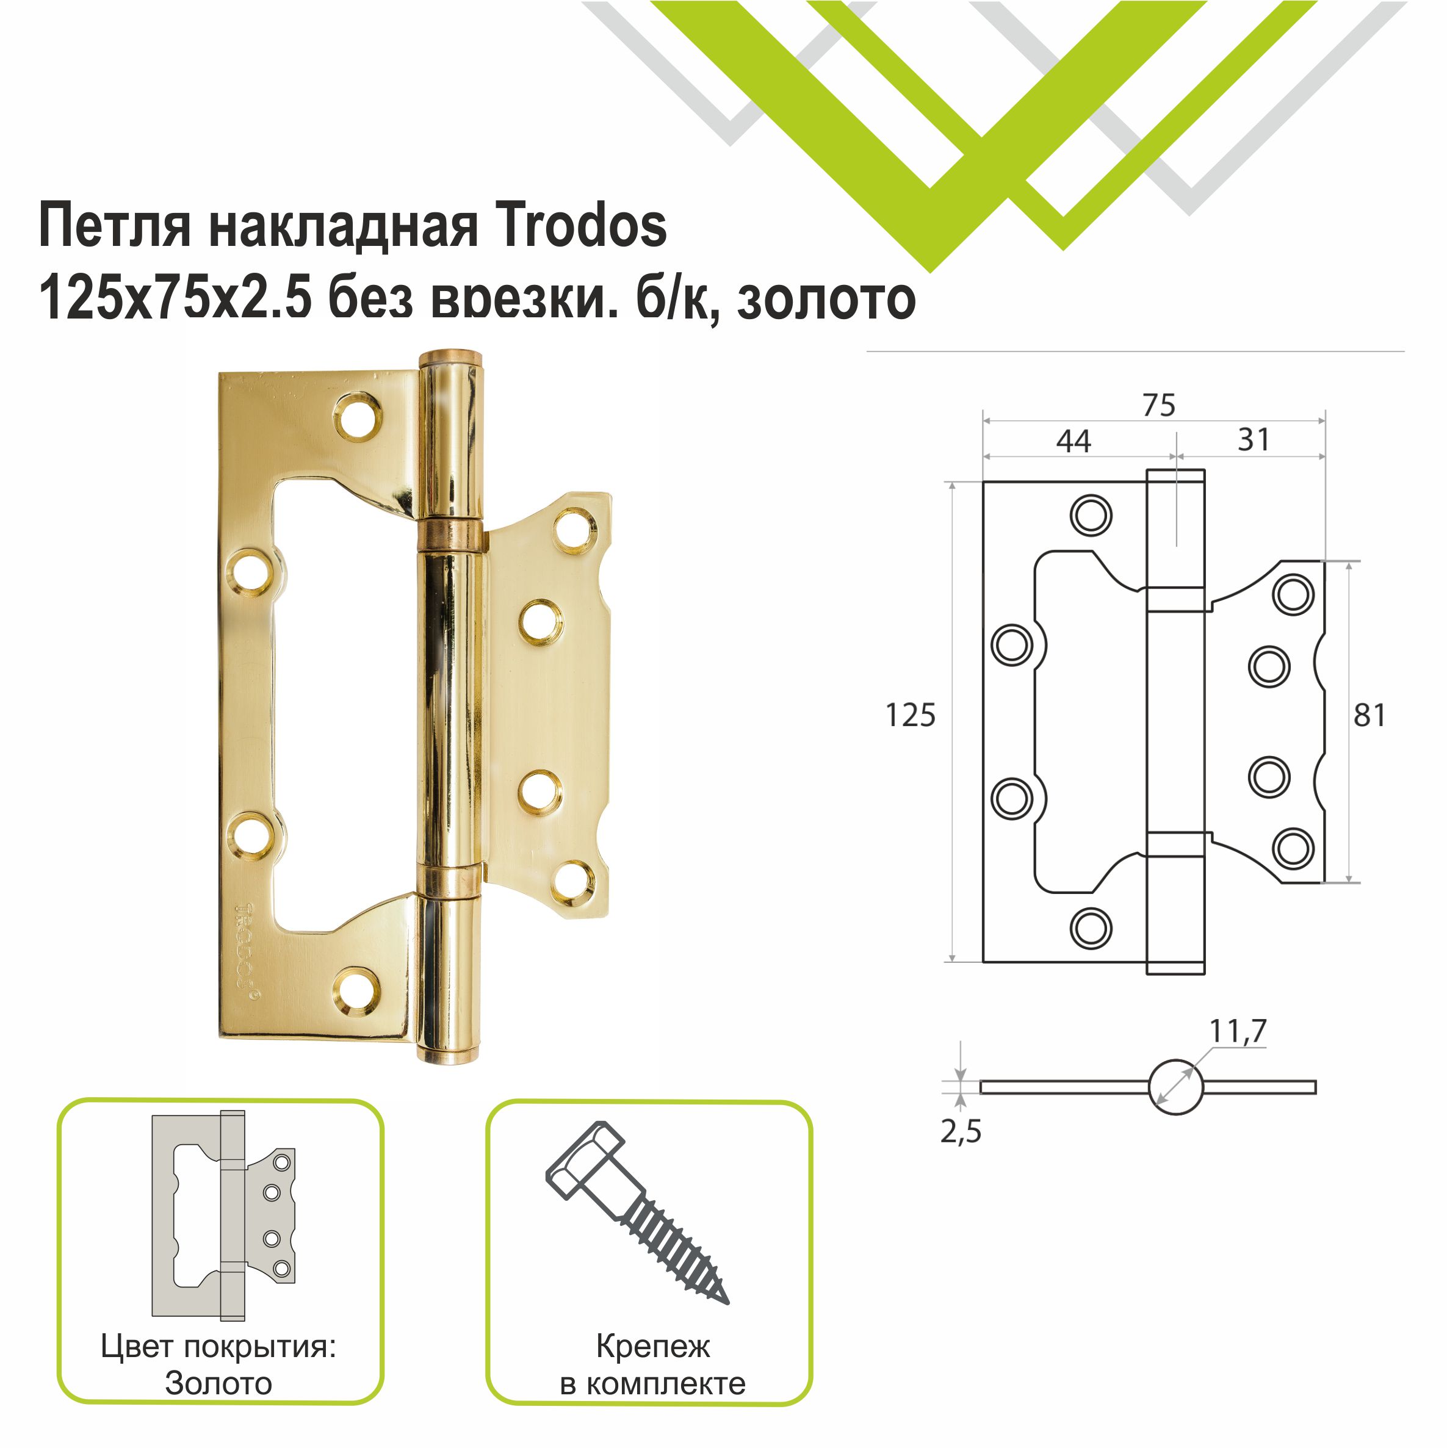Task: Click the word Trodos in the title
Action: (580, 226)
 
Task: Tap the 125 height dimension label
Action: (910, 716)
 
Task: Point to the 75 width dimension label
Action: (1158, 405)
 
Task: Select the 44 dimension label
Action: (1073, 441)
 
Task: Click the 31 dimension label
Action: (1254, 439)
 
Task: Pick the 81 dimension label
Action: (1369, 716)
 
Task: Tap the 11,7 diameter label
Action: (1238, 1031)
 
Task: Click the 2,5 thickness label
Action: (961, 1131)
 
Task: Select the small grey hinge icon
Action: (223, 1215)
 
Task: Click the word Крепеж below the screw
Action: (652, 1347)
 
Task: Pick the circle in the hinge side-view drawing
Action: (1175, 1087)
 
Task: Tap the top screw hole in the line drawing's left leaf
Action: (1090, 516)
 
